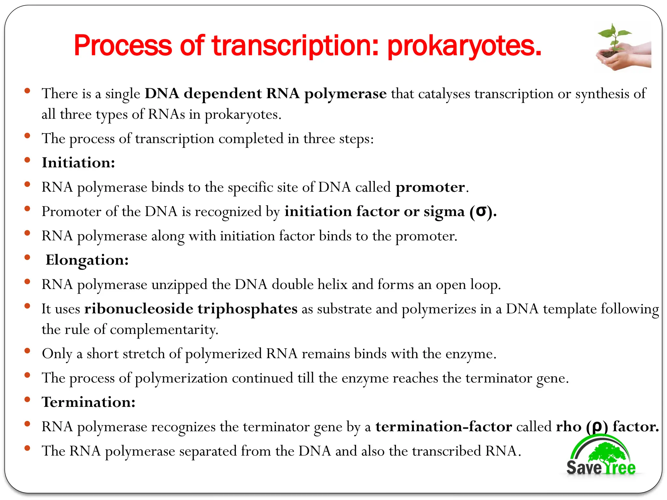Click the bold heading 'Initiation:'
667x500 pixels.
(x=78, y=162)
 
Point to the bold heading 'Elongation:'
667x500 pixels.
(x=87, y=260)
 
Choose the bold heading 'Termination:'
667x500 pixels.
(x=89, y=402)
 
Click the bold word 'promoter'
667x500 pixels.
(x=430, y=187)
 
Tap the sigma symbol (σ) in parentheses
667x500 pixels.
(x=481, y=212)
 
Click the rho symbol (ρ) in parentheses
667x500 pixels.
(x=597, y=427)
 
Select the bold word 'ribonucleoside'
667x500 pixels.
(x=139, y=309)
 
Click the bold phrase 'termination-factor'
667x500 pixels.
(x=444, y=426)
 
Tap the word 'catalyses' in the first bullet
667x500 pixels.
(x=444, y=94)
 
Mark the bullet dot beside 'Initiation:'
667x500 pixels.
(x=27, y=160)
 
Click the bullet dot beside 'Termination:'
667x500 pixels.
(x=27, y=399)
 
